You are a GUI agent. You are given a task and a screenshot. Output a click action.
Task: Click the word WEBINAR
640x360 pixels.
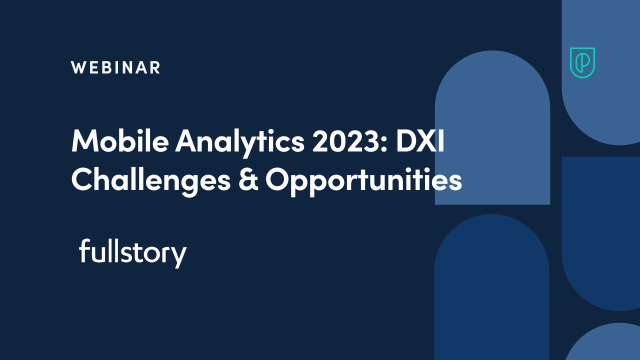(115, 67)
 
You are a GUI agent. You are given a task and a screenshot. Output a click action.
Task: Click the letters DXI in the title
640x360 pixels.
(419, 141)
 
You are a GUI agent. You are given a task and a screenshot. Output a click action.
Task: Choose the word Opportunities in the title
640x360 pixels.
(363, 181)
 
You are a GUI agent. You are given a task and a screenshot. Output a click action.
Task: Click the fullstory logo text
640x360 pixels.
(132, 253)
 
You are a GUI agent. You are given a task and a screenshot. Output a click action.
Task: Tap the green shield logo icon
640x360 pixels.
(582, 63)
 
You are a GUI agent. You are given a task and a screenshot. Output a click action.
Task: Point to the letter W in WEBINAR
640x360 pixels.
(78, 67)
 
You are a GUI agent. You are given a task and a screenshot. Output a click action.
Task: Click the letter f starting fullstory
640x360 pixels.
(84, 251)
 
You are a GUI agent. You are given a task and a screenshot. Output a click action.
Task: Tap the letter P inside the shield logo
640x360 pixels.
(582, 62)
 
